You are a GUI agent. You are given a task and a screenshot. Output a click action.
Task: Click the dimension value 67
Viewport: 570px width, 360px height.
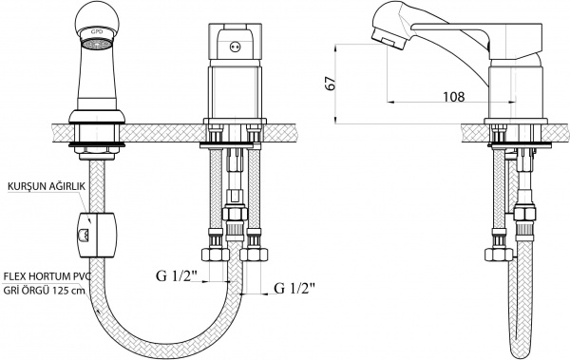(x=330, y=84)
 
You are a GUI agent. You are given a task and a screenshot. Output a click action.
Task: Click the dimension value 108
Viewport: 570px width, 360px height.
(x=453, y=97)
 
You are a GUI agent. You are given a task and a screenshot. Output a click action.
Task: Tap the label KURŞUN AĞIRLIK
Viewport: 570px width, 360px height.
(x=47, y=186)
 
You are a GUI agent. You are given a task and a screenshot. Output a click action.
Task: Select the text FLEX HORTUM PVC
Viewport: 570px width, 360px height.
(x=47, y=276)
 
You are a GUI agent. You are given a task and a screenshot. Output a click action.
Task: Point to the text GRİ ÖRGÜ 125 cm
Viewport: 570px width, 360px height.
(x=44, y=291)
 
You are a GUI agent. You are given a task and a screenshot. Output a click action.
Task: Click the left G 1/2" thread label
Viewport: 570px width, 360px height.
(x=177, y=276)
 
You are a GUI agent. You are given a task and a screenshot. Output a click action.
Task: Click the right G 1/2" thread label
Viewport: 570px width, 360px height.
(x=294, y=289)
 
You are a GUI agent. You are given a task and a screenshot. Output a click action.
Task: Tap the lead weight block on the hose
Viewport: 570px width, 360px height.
(x=97, y=236)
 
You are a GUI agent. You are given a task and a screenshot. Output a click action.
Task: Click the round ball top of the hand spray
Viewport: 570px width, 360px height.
(x=96, y=18)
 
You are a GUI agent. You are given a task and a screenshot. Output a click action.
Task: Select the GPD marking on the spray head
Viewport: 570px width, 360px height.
(x=97, y=32)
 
